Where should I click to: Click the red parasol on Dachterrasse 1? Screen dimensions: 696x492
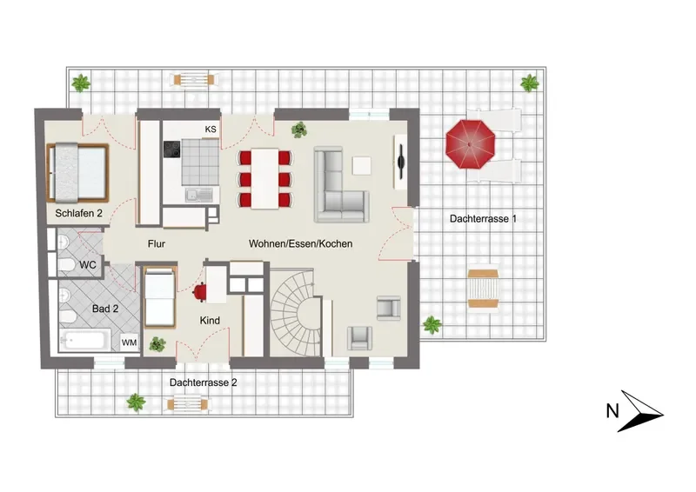point(470,144)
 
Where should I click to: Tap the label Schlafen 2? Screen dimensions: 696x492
point(78,213)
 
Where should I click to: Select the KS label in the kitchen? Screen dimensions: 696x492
point(211,130)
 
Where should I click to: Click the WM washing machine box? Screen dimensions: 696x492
point(129,342)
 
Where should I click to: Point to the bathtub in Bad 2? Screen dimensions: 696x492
point(84,341)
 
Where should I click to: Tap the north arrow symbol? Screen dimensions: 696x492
point(639,411)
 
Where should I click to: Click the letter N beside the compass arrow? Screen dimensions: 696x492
point(612,411)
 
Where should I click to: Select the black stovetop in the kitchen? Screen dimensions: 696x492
point(171,149)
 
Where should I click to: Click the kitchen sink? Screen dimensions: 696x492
point(199,195)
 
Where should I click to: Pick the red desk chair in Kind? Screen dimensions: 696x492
point(200,292)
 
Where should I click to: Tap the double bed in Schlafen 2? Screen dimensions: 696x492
point(77,172)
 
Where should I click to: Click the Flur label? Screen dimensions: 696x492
point(157,243)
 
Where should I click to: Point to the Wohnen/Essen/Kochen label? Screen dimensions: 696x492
point(300,243)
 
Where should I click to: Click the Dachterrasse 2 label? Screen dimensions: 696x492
point(204,382)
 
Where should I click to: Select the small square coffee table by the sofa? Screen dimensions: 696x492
point(362,165)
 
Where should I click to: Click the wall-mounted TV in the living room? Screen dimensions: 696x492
point(401,163)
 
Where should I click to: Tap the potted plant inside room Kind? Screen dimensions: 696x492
point(157,344)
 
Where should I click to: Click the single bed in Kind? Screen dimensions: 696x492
point(160,296)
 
